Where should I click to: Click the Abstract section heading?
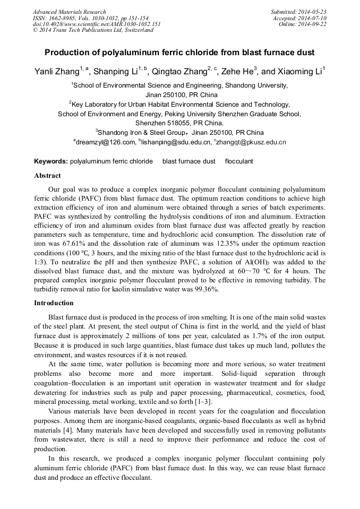[47, 176]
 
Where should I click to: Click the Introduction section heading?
[54, 303]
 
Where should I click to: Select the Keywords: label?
[51, 161]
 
